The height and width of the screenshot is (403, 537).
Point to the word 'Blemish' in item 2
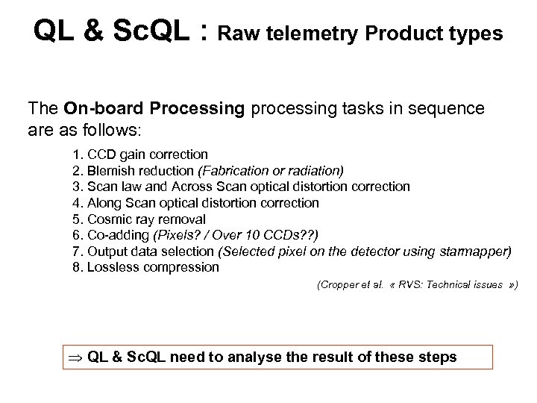tap(111, 170)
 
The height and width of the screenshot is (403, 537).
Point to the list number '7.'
tap(78, 252)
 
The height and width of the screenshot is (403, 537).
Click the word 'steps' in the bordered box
tap(439, 357)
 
